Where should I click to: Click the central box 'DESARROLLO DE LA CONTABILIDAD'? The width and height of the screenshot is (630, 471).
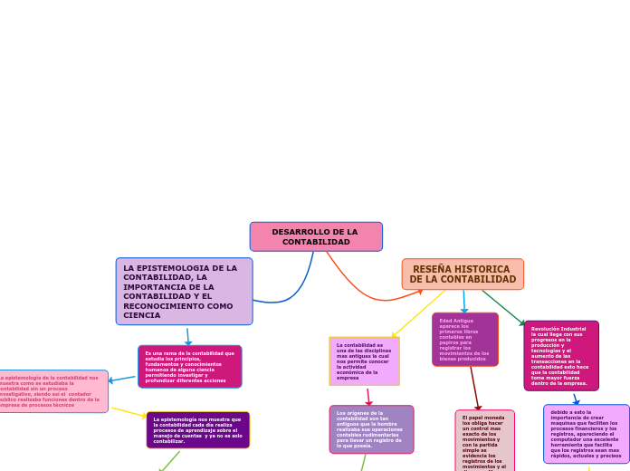[x=316, y=236]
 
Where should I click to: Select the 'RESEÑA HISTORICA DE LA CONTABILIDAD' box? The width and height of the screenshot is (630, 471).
[x=463, y=274]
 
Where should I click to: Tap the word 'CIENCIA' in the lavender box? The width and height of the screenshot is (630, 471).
[x=142, y=315]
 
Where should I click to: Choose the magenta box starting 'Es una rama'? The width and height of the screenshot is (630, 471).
[x=189, y=367]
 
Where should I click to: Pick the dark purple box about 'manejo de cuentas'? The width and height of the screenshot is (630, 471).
[x=197, y=430]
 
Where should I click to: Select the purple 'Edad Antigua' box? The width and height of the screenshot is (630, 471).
[x=464, y=340]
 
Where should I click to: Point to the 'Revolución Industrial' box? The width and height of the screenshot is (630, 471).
[x=560, y=356]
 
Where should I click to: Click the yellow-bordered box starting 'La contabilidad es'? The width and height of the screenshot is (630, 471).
[x=363, y=360]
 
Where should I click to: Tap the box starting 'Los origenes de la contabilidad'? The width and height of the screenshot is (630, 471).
[x=371, y=429]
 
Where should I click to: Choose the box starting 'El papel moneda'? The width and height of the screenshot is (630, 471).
[x=484, y=441]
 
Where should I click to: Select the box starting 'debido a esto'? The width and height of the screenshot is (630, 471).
[x=586, y=434]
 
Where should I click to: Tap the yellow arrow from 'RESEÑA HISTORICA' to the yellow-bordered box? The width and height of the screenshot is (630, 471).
[x=418, y=314]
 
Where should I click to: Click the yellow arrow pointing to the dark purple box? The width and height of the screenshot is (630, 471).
[x=129, y=412]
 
